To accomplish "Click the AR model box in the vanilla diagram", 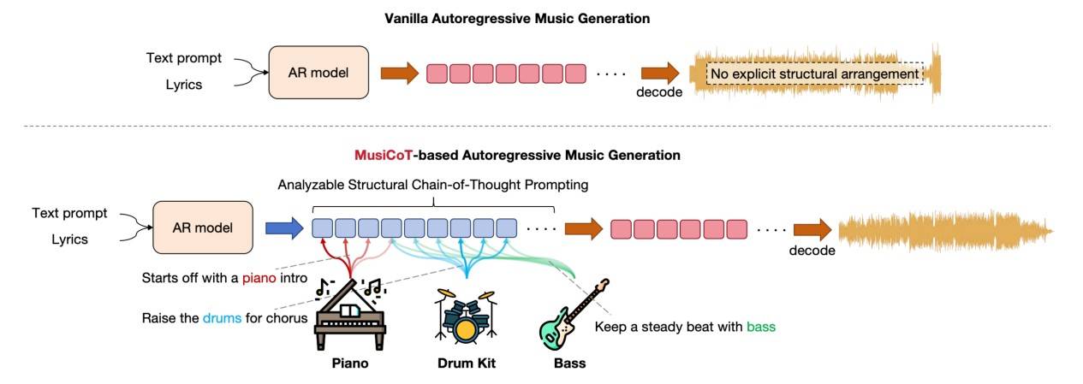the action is coord(318,73).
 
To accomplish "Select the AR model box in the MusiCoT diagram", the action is coord(203,227).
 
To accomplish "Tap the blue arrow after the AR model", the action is coord(284,228).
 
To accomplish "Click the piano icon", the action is coord(350,314).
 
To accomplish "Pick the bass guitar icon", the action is coord(574,314).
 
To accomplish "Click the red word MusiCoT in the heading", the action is coord(384,155).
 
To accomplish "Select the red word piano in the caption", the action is coord(259,278).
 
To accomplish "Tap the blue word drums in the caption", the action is coord(222,318).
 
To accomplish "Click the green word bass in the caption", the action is coord(761,327).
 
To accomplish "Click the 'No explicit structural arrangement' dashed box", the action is coord(815,74).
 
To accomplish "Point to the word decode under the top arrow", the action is coord(659,92).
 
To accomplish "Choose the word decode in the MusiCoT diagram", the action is coord(812,251).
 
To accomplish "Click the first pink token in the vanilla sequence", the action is coord(437,74).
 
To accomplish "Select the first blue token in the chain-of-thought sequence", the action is coord(322,228).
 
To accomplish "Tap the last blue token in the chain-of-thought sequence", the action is coord(506,228).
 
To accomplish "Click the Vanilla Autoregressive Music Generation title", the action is coord(517,19).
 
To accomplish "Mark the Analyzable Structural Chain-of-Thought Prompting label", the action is coord(432,185).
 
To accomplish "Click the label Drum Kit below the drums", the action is coord(466,363).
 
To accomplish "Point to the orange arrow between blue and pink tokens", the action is coord(584,228).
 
